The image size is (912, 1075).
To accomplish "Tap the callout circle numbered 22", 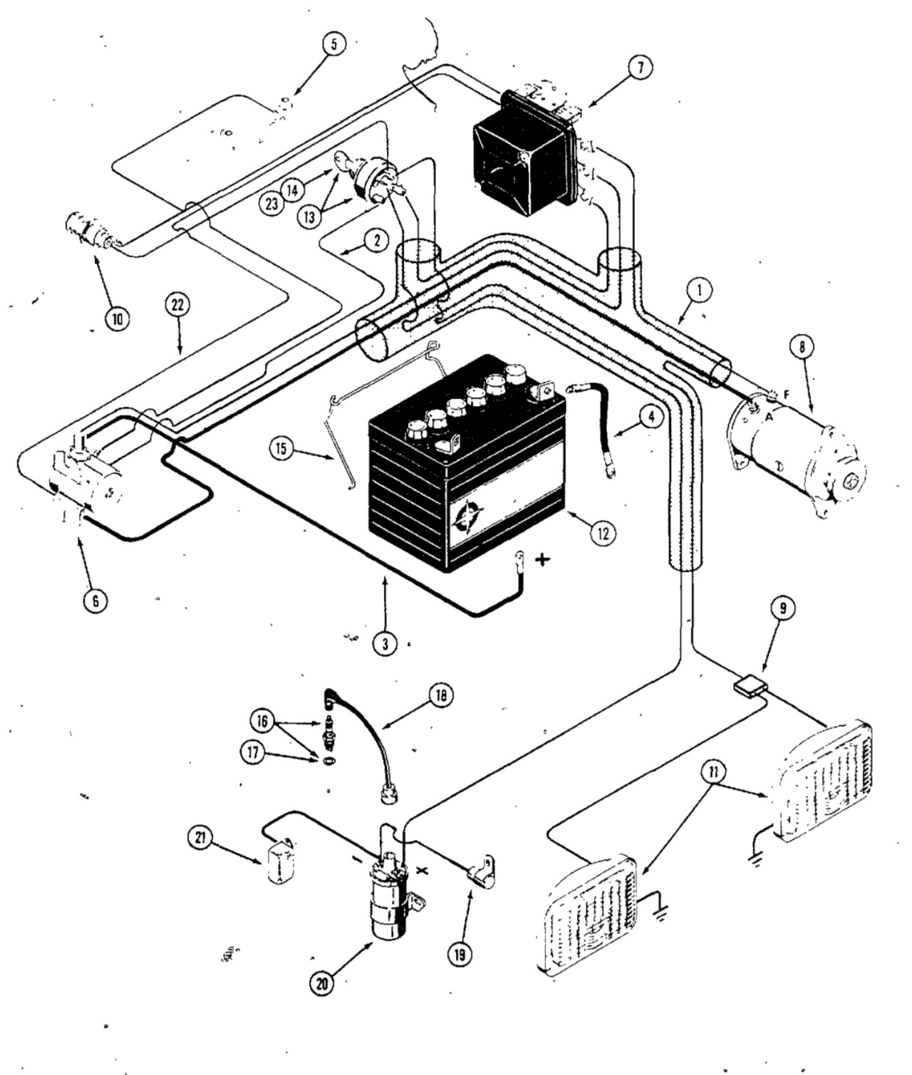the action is (x=177, y=306).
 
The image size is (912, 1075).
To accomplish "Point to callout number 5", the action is (x=333, y=44).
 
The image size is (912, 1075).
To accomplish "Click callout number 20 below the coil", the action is (x=323, y=985).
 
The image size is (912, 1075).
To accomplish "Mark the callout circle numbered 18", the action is (x=440, y=695).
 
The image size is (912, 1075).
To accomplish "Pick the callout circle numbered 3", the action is (x=385, y=644).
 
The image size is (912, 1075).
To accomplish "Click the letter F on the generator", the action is (x=786, y=395).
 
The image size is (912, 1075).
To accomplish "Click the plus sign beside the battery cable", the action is (x=542, y=560).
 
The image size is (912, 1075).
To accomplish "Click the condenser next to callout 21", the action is (x=280, y=861).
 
